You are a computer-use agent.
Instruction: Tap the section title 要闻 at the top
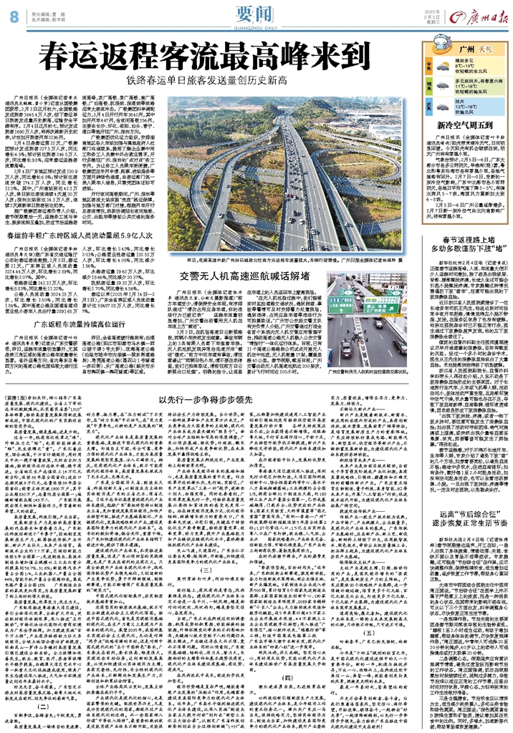pyautogui.click(x=255, y=13)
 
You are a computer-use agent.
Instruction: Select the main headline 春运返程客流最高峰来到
pyautogui.click(x=204, y=54)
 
